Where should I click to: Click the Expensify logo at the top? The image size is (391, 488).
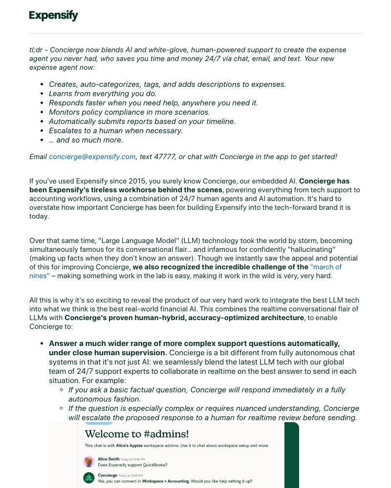(53, 16)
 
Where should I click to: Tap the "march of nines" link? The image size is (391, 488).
(326, 267)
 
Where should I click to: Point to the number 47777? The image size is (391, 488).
(166, 157)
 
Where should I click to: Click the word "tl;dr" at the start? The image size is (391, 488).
(38, 50)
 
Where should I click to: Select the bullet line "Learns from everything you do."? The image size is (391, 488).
(103, 93)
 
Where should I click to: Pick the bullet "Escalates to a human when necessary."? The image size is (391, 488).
(115, 130)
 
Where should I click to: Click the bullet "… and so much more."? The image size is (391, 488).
(86, 140)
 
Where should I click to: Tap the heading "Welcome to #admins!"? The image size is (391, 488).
(136, 434)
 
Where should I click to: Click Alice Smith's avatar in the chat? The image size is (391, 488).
(88, 462)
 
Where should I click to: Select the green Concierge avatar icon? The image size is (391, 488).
(88, 478)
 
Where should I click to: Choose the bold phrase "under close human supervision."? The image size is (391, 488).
(108, 352)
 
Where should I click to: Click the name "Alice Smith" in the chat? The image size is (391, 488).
(108, 459)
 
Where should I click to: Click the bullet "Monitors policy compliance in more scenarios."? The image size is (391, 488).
(129, 112)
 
